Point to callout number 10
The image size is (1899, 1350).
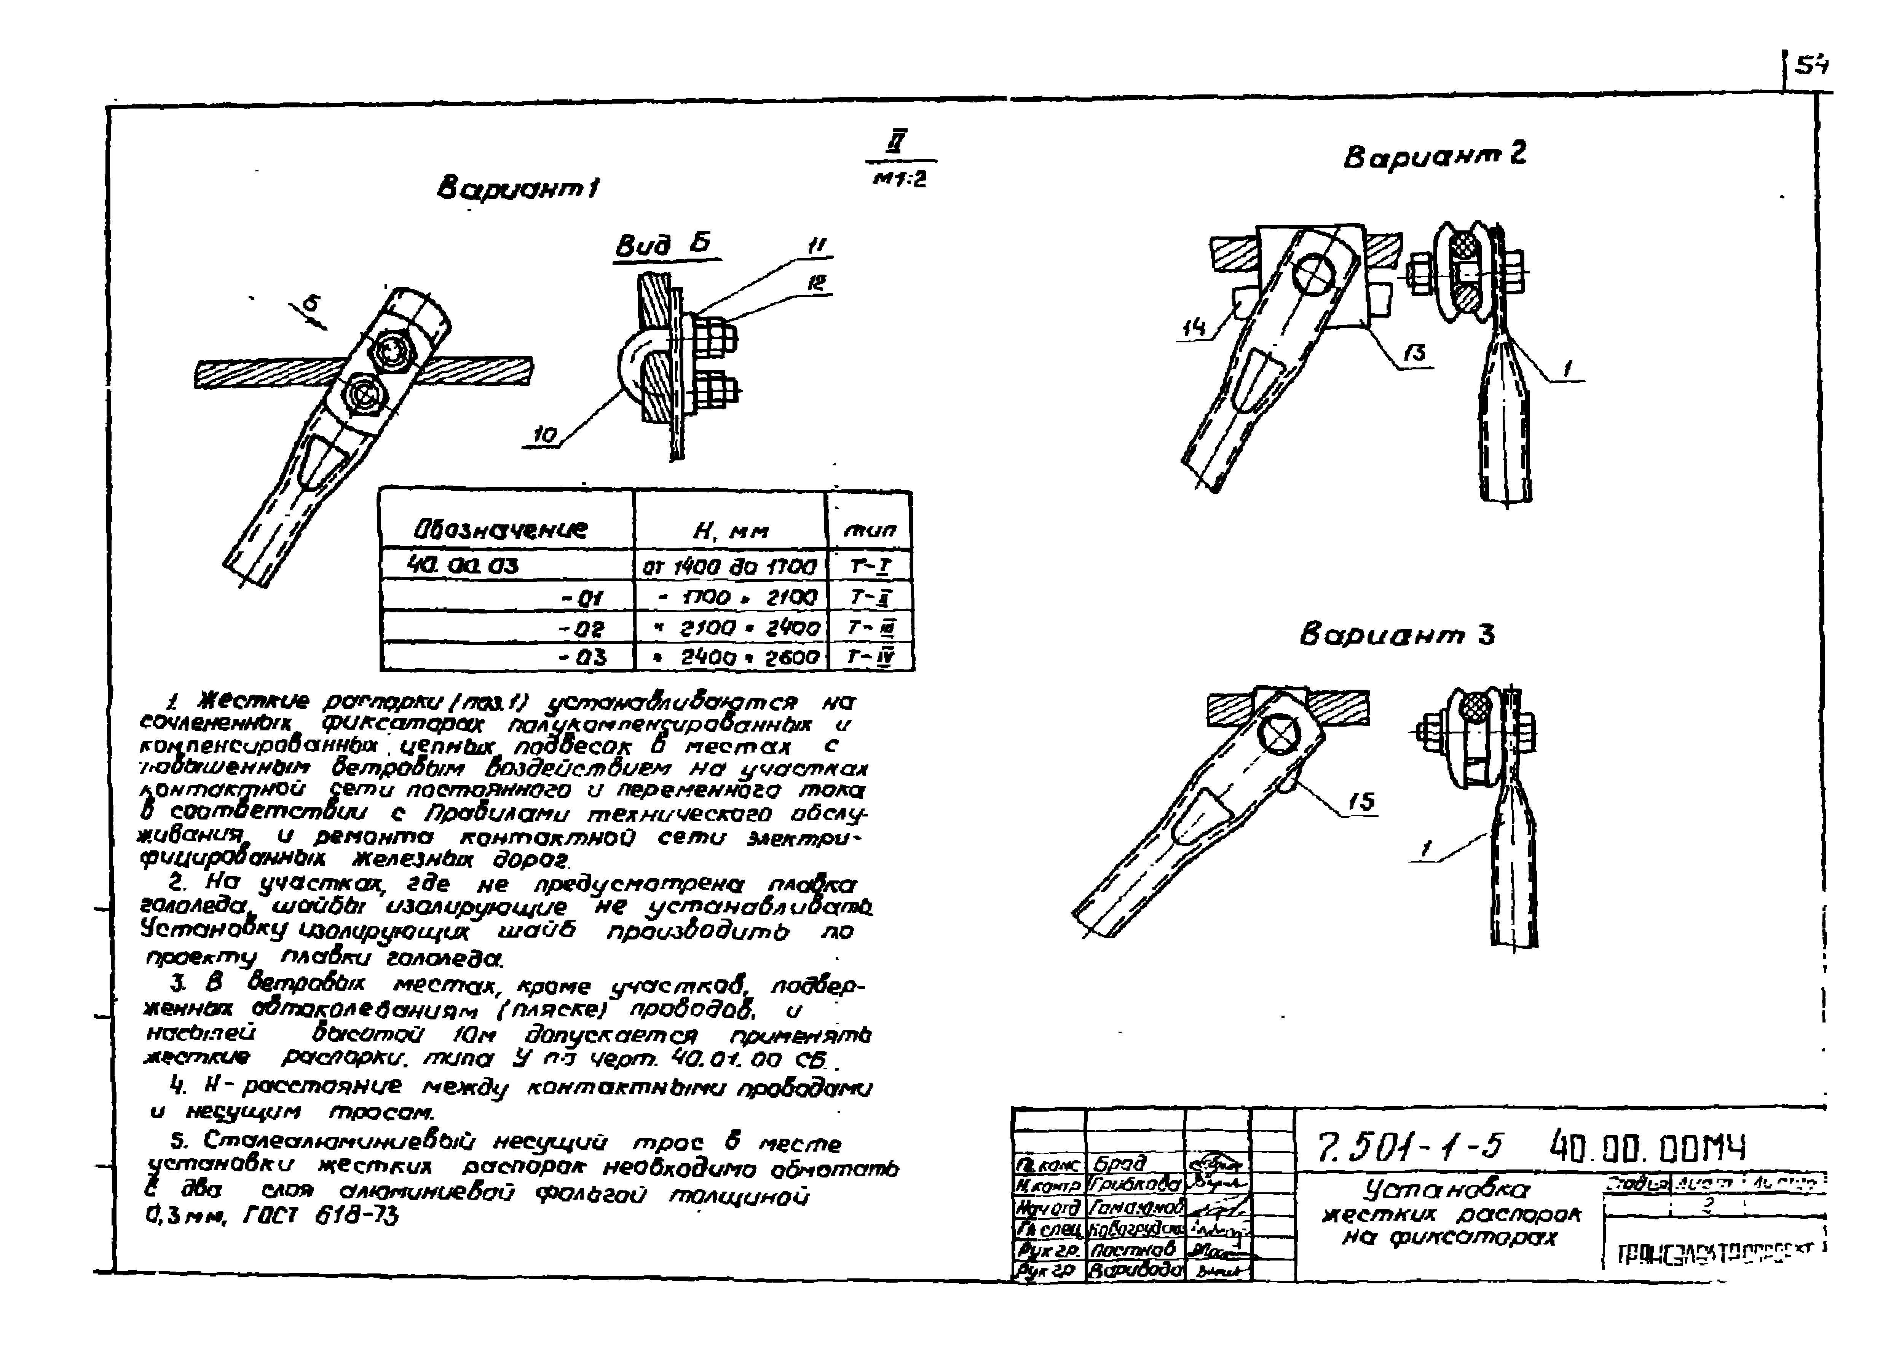point(544,435)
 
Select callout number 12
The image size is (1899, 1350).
point(819,283)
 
